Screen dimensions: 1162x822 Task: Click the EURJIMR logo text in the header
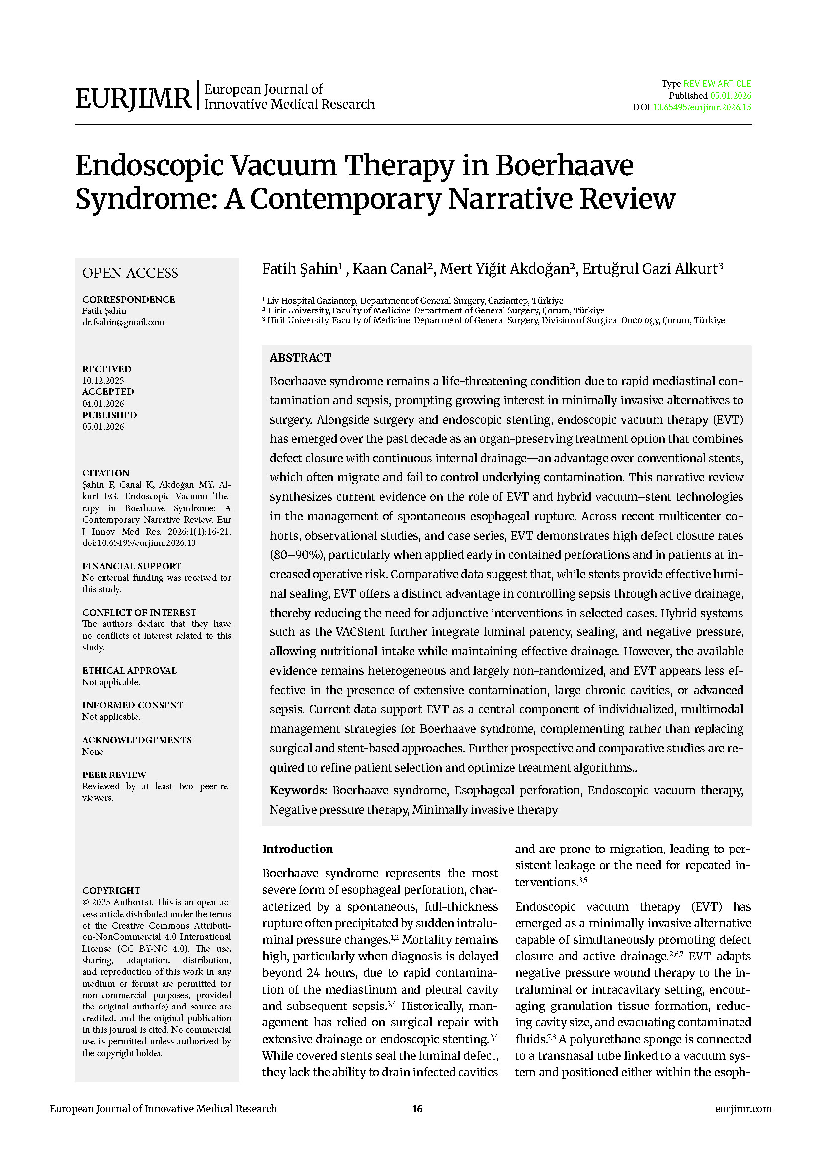point(133,98)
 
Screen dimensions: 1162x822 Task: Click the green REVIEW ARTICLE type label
point(717,84)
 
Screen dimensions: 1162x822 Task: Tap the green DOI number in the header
point(702,107)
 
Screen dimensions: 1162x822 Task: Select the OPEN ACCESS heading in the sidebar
point(130,273)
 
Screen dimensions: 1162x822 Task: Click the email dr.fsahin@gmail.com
point(123,322)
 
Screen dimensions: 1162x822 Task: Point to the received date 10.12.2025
point(103,381)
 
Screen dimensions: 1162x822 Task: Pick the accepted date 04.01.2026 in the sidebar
point(103,404)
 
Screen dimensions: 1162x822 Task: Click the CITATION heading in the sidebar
point(106,473)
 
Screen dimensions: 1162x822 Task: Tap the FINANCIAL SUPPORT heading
point(132,566)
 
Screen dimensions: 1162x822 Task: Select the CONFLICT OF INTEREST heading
point(139,613)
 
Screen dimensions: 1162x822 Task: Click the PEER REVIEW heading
point(114,775)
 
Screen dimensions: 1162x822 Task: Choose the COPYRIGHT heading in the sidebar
point(111,891)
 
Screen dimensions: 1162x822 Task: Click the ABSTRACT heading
point(300,358)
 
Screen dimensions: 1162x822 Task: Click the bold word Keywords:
point(299,790)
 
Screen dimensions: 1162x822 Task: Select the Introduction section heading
point(298,849)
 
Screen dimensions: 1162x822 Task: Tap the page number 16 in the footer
point(417,1109)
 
